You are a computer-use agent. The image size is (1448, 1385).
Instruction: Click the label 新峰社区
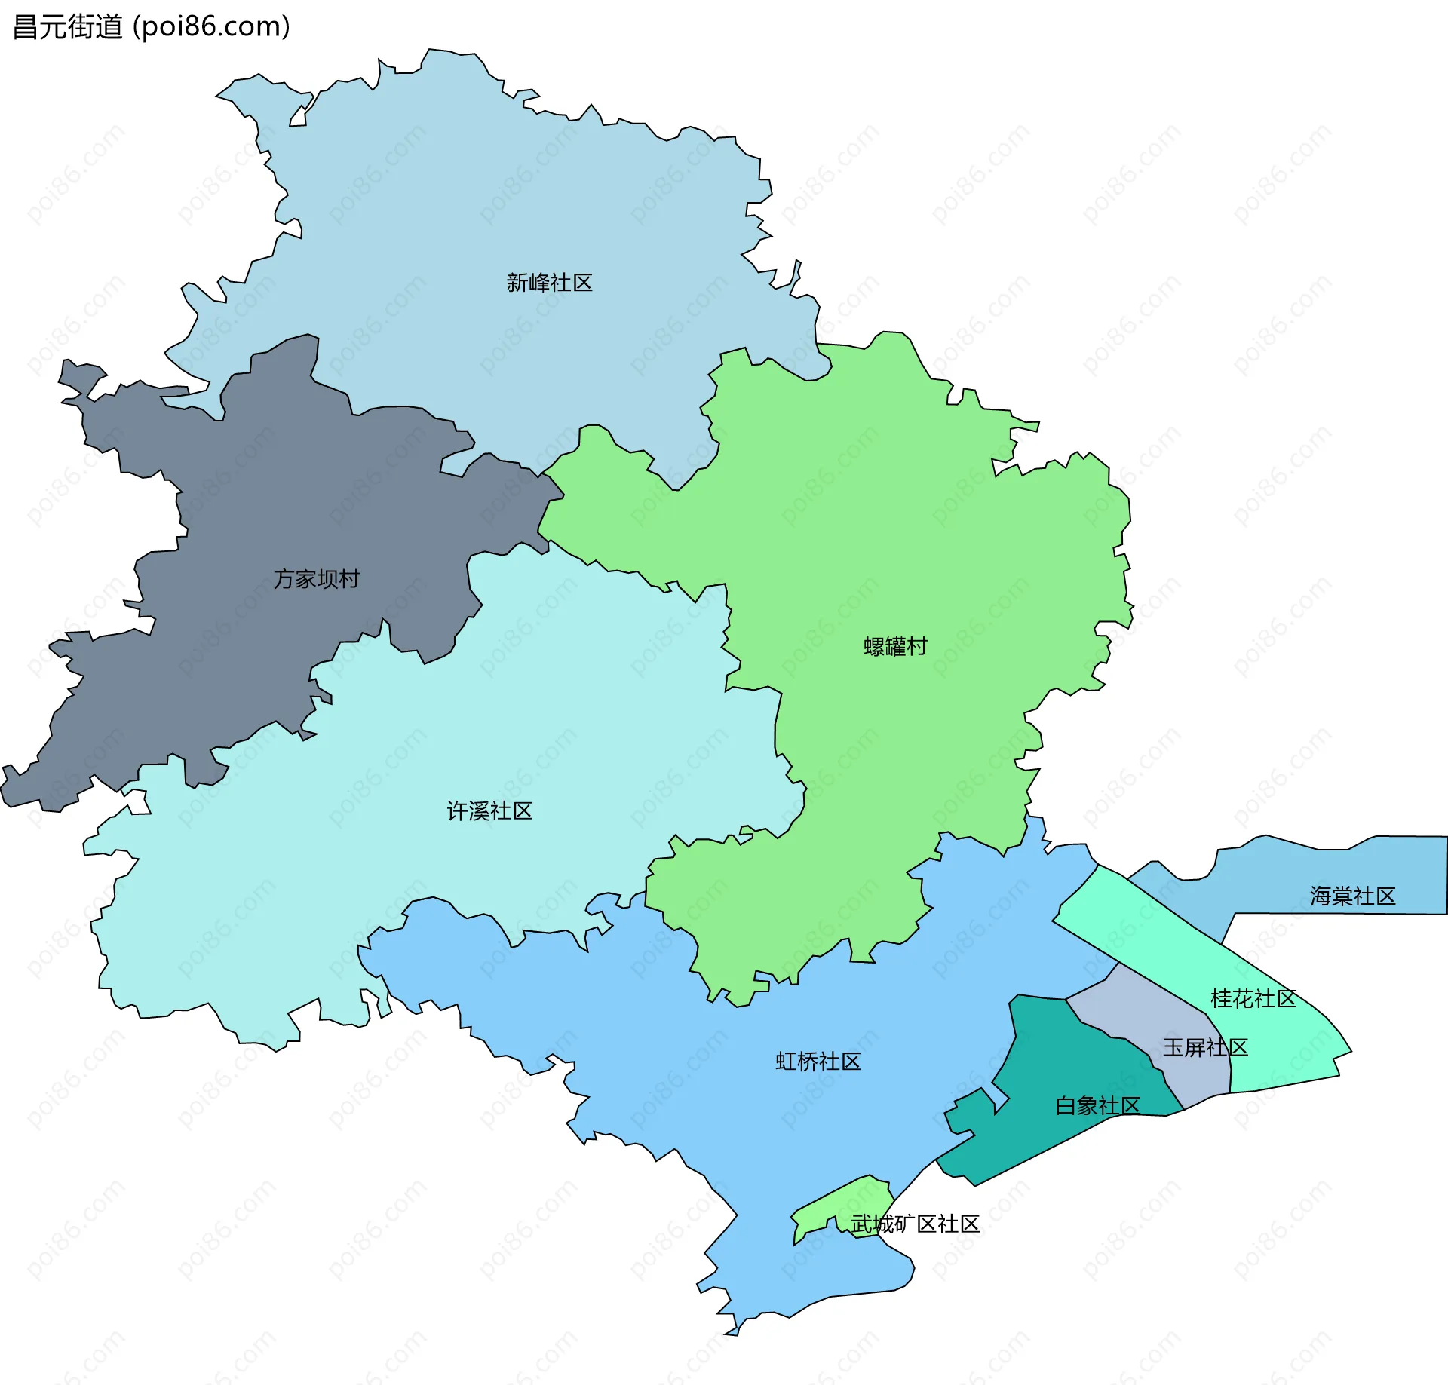[x=549, y=283]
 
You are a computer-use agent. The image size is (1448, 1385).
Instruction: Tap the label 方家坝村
[x=316, y=579]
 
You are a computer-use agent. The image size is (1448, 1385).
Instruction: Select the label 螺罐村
[x=895, y=647]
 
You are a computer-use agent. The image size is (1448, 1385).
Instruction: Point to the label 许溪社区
[x=489, y=811]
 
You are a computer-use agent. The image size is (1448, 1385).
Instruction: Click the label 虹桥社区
[x=818, y=1062]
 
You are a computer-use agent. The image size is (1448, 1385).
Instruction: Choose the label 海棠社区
[x=1352, y=896]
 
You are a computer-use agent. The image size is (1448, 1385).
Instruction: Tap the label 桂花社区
[x=1253, y=999]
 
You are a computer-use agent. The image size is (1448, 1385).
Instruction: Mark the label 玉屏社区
[x=1205, y=1047]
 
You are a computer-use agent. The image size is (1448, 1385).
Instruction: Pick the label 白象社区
[x=1097, y=1106]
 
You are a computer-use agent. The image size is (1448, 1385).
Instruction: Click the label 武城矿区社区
[x=915, y=1224]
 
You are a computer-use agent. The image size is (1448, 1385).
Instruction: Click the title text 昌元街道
[x=68, y=27]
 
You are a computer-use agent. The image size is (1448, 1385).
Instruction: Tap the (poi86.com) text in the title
[x=212, y=27]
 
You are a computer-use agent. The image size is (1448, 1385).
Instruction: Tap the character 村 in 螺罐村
[x=917, y=647]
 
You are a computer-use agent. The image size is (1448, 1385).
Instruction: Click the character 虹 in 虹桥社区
[x=786, y=1062]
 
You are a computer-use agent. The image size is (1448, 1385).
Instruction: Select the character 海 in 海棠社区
[x=1321, y=896]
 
